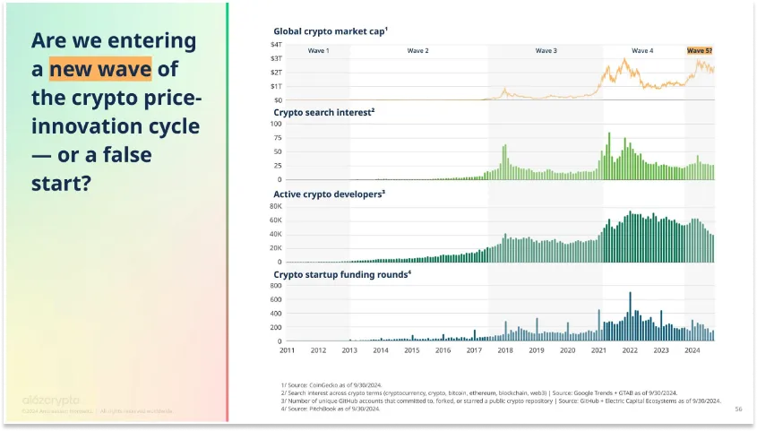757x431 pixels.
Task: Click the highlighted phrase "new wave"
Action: click(x=100, y=68)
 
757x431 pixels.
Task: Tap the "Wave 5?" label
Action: click(x=699, y=51)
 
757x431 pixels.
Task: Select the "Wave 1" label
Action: click(x=318, y=51)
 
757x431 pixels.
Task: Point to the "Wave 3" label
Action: click(x=546, y=51)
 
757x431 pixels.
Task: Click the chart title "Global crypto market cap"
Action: click(x=330, y=30)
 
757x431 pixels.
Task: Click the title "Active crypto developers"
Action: click(x=328, y=193)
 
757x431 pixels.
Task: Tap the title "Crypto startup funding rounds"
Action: click(x=341, y=274)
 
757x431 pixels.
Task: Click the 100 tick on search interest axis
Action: click(x=276, y=124)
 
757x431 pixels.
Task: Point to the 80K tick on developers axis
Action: click(x=276, y=205)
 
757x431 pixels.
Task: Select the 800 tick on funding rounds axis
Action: click(x=276, y=286)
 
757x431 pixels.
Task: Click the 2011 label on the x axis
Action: click(x=287, y=350)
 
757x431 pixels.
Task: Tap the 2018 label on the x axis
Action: click(x=505, y=350)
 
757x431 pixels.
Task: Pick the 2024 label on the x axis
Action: click(x=692, y=350)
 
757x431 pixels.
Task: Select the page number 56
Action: click(x=738, y=408)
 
